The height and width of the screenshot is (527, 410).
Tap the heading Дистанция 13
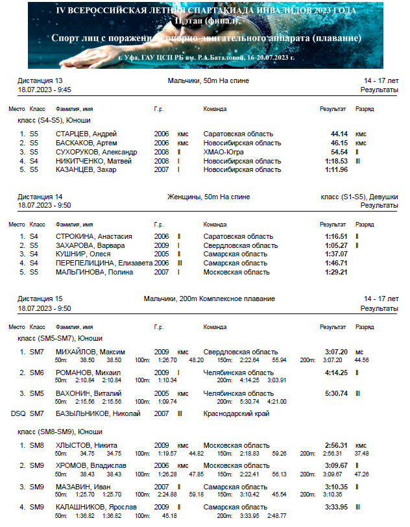coord(40,81)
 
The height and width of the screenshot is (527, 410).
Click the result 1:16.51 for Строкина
coord(337,237)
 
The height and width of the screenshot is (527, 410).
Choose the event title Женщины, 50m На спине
coord(208,197)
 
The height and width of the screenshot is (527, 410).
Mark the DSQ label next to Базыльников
coord(18,413)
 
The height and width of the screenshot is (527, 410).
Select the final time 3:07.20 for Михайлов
coord(337,352)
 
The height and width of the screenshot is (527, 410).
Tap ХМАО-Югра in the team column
coord(224,152)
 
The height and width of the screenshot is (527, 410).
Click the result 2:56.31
coord(337,445)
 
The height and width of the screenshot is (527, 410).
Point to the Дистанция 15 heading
coord(40,299)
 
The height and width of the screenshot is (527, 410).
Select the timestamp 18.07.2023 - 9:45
coord(45,90)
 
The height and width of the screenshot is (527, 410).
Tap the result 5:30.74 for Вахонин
coord(337,393)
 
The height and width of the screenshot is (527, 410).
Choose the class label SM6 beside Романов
coord(37,373)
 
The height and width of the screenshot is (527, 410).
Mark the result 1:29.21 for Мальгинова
coord(337,273)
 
